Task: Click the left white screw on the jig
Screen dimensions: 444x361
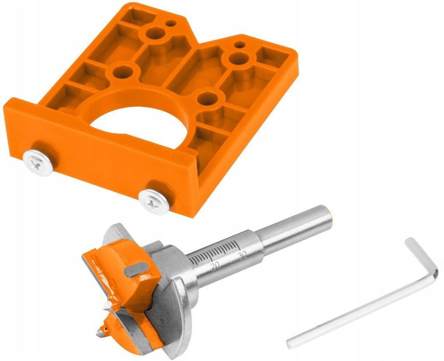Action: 38,163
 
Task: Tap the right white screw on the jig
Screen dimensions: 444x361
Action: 154,201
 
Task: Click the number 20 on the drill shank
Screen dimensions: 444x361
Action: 215,266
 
